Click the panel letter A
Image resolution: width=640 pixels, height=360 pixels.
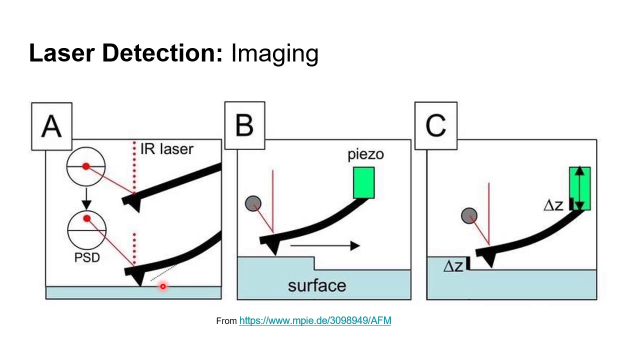tap(51, 126)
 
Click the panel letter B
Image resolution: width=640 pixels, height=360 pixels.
tap(244, 125)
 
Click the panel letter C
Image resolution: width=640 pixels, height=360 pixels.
tap(435, 126)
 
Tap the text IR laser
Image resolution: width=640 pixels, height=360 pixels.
tap(166, 148)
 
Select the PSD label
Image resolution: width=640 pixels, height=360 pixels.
tap(86, 258)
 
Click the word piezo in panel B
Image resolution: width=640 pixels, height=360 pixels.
tap(365, 154)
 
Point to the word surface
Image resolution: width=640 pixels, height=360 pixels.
tap(317, 285)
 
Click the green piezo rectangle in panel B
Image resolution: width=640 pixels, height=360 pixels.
tap(363, 182)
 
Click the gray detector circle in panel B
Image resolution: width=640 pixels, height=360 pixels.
tap(253, 203)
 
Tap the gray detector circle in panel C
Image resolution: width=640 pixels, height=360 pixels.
tap(469, 216)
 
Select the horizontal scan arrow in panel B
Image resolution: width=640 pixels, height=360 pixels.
tap(324, 245)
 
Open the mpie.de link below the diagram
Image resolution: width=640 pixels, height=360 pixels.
tap(315, 320)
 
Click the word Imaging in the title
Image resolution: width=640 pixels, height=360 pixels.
tap(274, 53)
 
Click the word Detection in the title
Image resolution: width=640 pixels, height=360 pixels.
tap(162, 53)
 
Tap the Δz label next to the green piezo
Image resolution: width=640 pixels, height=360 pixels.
tap(553, 205)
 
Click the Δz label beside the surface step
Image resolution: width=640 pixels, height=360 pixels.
tap(453, 266)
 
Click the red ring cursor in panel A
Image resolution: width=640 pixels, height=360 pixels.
tap(162, 286)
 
